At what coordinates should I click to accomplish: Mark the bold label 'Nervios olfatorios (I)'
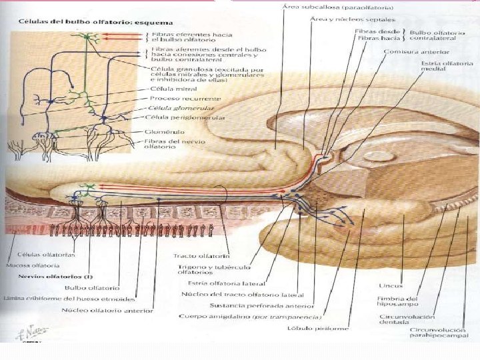point(37,276)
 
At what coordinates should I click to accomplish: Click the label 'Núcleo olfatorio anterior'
point(107,310)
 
